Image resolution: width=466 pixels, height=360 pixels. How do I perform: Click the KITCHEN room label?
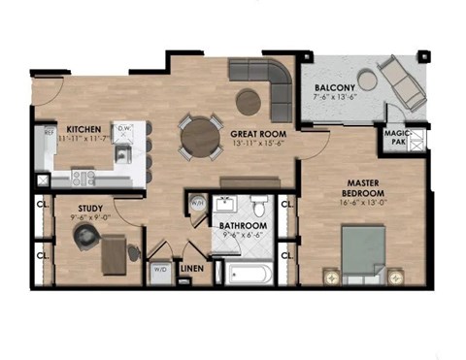[x=84, y=128]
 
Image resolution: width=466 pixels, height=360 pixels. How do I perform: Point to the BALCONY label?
[x=336, y=86]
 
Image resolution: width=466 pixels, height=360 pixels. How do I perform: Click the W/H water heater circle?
[x=196, y=205]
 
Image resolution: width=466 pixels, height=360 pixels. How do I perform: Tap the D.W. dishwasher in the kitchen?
[x=123, y=128]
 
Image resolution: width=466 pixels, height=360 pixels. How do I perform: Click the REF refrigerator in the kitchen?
[x=45, y=146]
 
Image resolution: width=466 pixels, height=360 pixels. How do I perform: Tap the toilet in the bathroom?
[x=260, y=206]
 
